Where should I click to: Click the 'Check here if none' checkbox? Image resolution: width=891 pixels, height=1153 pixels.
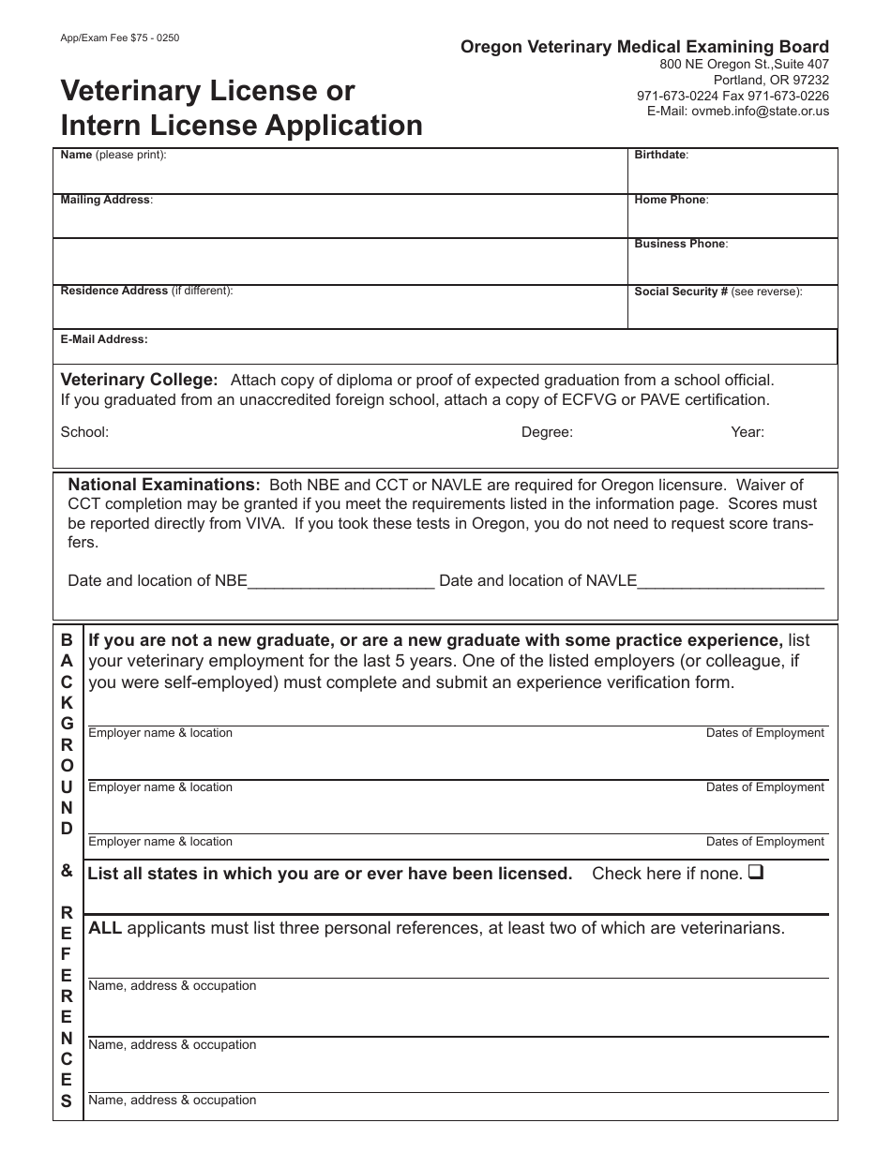click(x=757, y=874)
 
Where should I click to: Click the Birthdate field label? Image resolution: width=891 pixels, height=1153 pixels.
click(x=661, y=155)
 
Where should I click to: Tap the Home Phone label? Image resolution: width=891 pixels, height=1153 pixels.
click(x=671, y=200)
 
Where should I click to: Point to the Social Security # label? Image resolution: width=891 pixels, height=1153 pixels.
click(x=681, y=292)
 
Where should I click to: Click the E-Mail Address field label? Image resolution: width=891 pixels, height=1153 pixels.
click(x=104, y=339)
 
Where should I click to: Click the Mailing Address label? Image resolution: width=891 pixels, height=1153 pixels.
click(x=106, y=200)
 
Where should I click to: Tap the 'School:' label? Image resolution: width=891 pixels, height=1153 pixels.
click(x=84, y=432)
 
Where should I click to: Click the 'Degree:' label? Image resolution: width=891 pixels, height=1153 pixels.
click(x=547, y=432)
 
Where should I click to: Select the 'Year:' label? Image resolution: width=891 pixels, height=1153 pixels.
click(x=748, y=432)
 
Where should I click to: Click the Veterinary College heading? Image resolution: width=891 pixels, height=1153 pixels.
click(x=139, y=380)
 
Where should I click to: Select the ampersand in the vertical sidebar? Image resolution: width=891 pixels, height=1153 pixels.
click(x=67, y=871)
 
